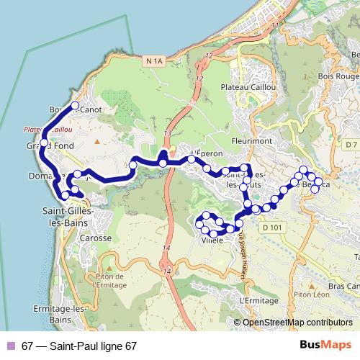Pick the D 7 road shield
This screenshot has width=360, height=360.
click(351, 145)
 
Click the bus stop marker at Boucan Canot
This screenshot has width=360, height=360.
click(74, 106)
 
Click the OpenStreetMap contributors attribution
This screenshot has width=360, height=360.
click(297, 322)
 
